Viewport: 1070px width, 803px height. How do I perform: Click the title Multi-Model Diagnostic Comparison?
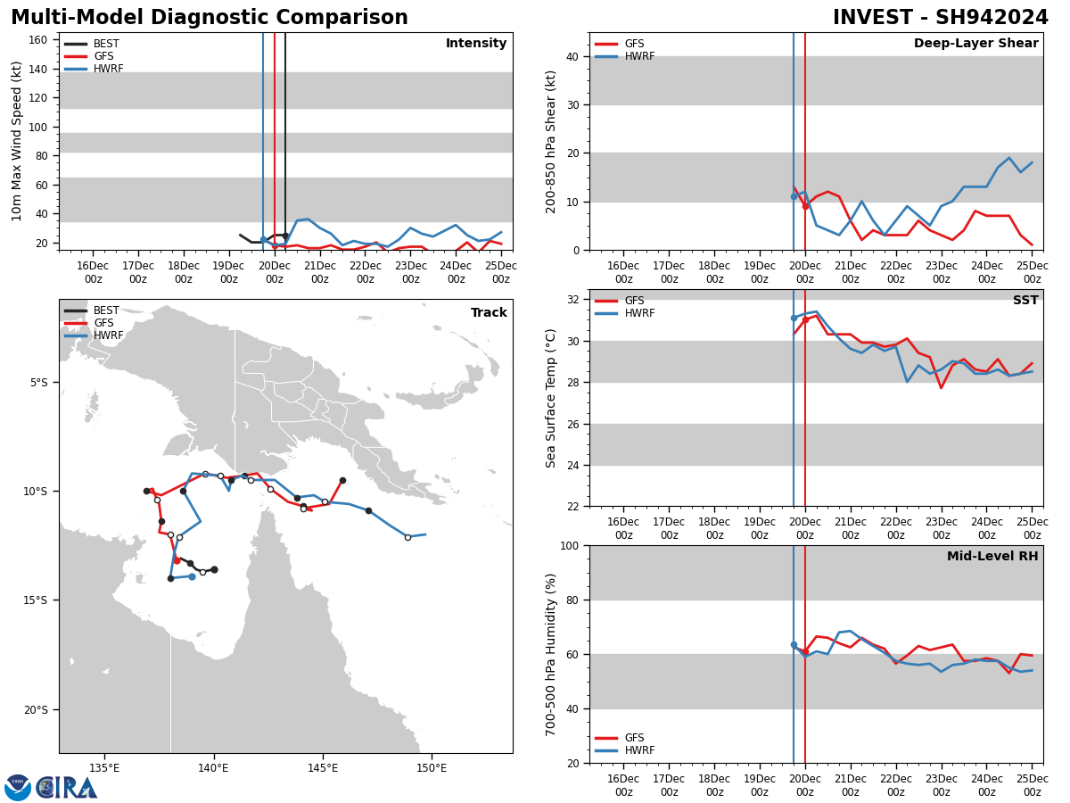210,18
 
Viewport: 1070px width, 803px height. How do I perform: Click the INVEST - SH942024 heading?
940,18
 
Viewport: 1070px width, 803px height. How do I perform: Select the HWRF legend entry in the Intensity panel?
108,69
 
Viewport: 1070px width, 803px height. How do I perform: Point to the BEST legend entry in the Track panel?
106,310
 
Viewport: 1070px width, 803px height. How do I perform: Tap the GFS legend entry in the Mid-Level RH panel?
634,738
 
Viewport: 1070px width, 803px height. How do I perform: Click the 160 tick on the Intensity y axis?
39,39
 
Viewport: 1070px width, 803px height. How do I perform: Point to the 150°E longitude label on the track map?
432,768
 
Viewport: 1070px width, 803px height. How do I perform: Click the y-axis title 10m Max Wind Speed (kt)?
17,141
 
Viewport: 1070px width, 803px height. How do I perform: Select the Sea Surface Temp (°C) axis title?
552,398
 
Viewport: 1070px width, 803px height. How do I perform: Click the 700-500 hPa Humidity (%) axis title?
552,654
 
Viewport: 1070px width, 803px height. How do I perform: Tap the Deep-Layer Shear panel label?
975,44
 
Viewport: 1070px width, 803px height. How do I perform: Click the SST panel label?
1025,301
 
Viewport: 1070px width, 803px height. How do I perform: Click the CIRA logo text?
67,787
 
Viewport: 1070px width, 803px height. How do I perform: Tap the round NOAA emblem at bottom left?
18,787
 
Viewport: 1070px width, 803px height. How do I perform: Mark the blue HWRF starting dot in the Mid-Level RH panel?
794,644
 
